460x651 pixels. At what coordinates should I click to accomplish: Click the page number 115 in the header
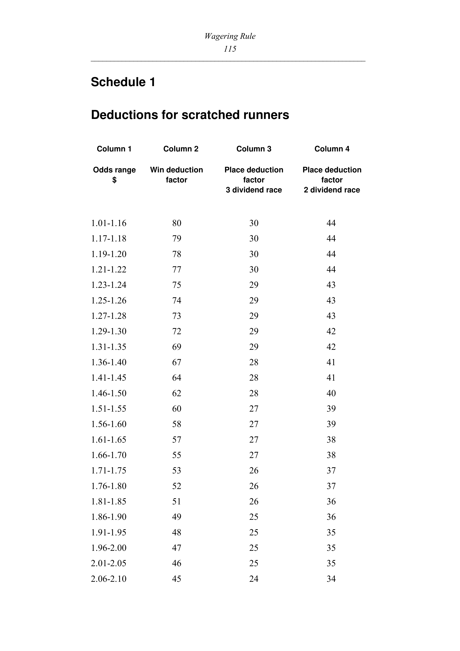[230, 49]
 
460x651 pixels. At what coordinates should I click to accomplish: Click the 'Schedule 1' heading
[123, 82]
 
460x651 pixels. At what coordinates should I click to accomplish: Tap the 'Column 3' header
[254, 149]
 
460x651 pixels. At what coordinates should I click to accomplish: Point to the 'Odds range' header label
[114, 170]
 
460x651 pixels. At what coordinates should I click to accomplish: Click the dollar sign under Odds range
[114, 180]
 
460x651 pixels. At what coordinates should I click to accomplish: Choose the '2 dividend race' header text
[332, 190]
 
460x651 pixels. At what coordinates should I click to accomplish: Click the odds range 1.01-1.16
[109, 223]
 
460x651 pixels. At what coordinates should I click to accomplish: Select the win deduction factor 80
[177, 223]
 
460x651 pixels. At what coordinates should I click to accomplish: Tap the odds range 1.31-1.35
[109, 347]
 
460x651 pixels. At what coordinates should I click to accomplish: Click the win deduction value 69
[177, 347]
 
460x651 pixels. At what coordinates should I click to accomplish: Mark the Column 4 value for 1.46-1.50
[331, 393]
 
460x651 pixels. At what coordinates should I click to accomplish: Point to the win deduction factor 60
[177, 409]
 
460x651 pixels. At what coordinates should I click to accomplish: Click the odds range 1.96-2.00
[109, 548]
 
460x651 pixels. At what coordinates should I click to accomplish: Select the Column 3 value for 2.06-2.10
[254, 579]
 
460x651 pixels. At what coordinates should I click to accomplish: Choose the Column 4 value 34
[331, 579]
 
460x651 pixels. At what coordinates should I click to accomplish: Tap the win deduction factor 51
[177, 502]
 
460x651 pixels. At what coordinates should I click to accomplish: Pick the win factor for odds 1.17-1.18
[177, 238]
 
